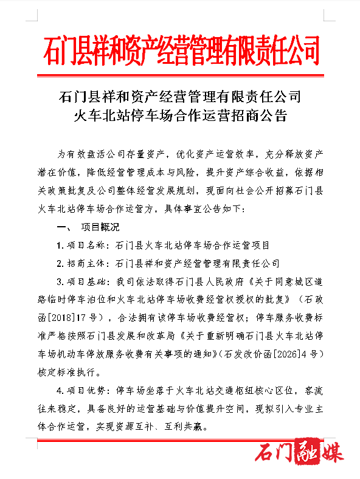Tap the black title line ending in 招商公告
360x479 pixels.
tap(180, 115)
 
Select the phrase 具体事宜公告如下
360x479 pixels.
tap(204, 209)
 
